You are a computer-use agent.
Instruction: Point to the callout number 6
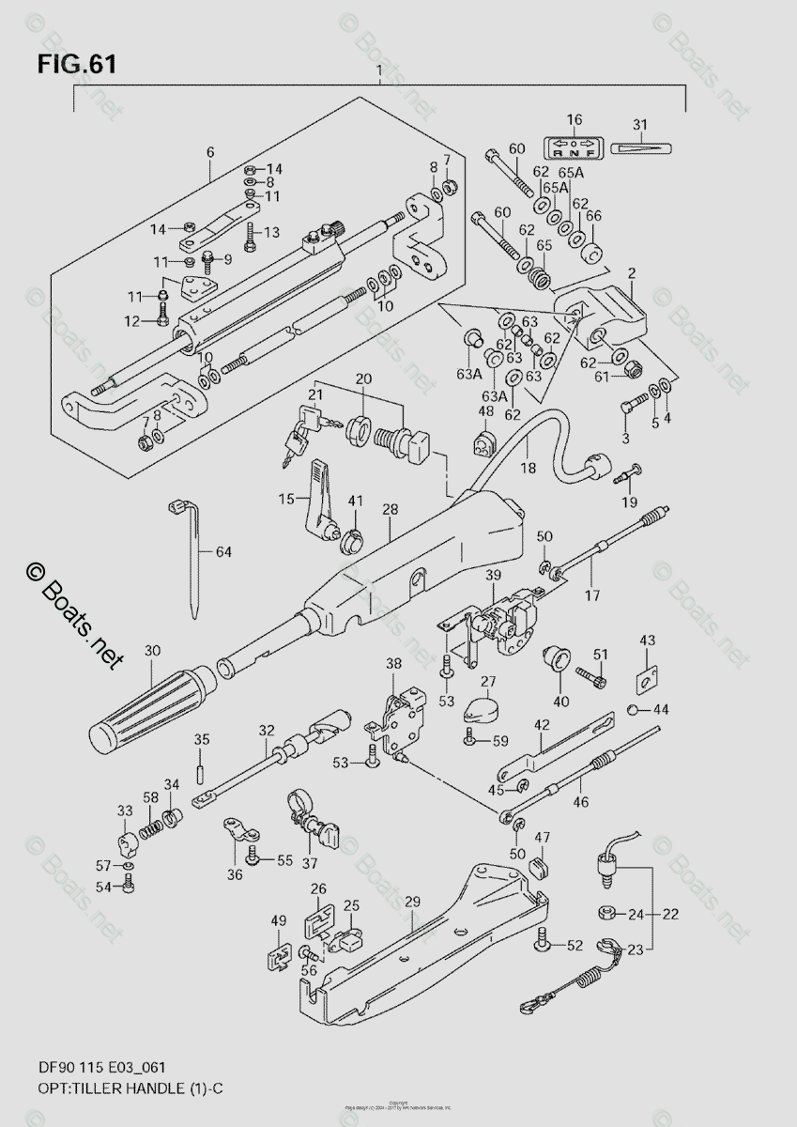209,152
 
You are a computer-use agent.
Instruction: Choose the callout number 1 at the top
377,72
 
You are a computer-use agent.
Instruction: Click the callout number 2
632,273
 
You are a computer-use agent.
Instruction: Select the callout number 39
495,574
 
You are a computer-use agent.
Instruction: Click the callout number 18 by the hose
529,467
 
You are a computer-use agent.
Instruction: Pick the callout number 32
267,730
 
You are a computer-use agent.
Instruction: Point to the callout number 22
668,913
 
